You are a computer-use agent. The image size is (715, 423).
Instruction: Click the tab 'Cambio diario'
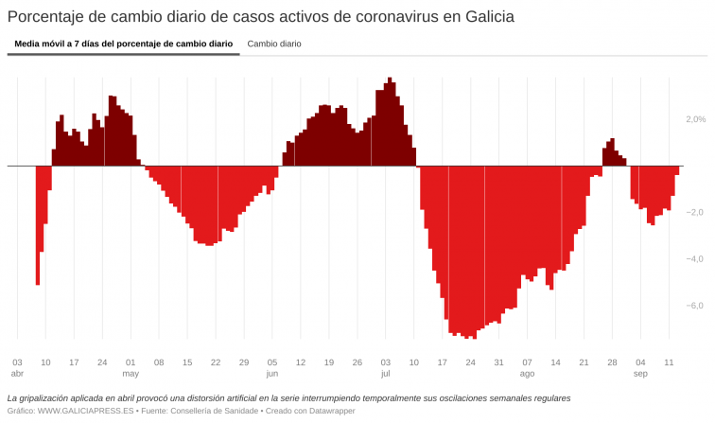pos(274,44)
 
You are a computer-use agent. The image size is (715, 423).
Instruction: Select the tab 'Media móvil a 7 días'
pos(123,44)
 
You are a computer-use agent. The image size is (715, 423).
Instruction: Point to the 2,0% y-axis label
pos(695,119)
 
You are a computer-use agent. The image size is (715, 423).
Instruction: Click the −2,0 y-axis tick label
pos(695,212)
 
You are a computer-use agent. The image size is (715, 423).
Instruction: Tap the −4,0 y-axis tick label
pos(695,258)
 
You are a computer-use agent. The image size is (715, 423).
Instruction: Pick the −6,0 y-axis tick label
pos(695,305)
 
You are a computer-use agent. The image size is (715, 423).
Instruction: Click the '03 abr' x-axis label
pos(17,367)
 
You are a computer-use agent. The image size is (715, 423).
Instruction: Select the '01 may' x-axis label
pos(131,367)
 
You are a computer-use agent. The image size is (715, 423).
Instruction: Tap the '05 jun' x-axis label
pos(272,367)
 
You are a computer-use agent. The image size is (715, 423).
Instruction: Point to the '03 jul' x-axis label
pos(386,367)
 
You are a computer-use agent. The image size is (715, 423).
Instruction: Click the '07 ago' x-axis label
pos(527,367)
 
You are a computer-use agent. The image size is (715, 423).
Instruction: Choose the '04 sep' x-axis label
pos(640,367)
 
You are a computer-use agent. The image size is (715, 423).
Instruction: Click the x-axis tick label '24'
pos(102,362)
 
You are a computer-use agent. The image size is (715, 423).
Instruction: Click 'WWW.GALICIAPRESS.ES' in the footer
pos(85,413)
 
